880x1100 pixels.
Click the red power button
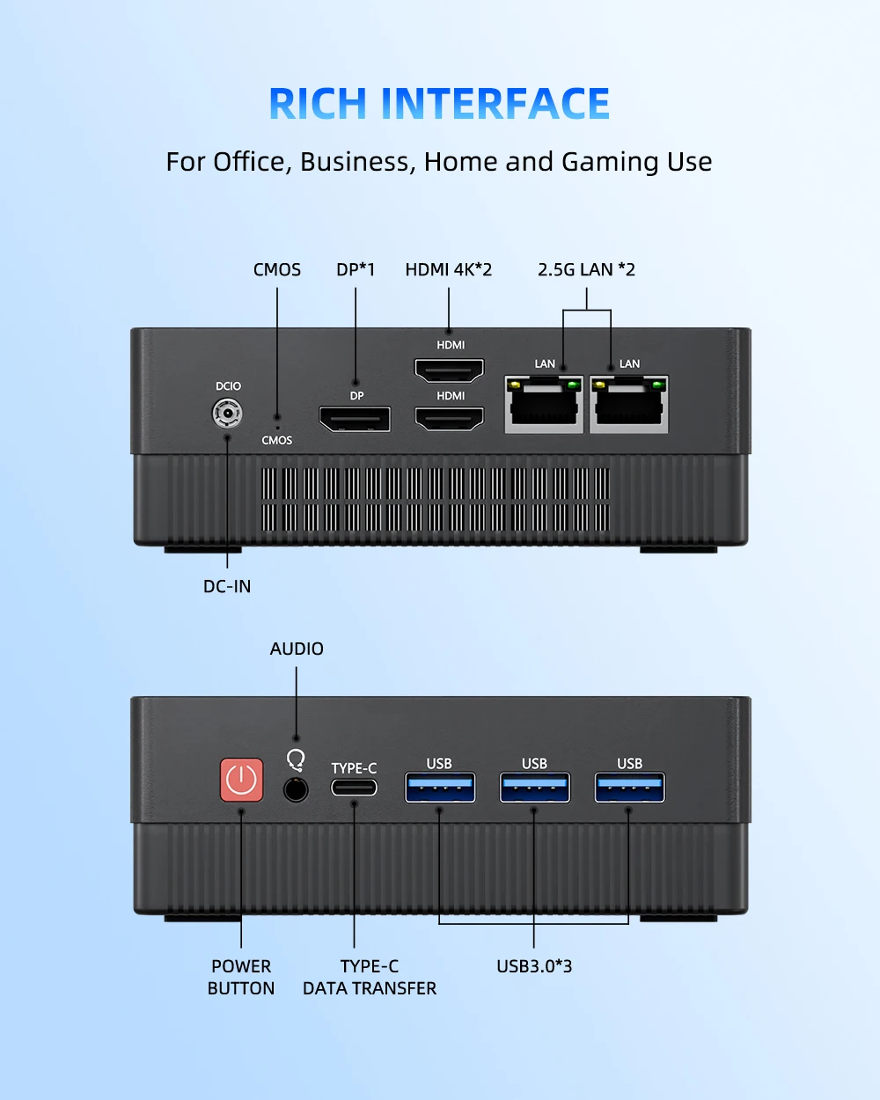tap(241, 780)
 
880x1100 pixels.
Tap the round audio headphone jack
tap(296, 788)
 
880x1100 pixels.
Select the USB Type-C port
tap(354, 787)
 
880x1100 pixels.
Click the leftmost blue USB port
tap(440, 787)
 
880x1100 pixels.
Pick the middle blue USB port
tap(535, 787)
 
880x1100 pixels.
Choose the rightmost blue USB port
tap(629, 787)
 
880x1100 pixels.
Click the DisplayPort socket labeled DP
tap(355, 419)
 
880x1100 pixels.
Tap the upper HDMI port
tap(450, 370)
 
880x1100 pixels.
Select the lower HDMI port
tap(450, 419)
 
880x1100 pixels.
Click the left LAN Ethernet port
tap(544, 404)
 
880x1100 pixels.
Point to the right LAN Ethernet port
tap(628, 404)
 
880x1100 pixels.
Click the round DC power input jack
tap(228, 412)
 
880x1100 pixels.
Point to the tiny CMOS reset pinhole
tap(277, 417)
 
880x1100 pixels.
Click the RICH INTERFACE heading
tap(439, 104)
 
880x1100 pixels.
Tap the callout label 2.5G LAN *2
tap(586, 270)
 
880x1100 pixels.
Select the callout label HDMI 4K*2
tap(449, 270)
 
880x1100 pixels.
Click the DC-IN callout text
tap(227, 586)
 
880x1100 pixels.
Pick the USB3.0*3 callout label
tap(534, 966)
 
